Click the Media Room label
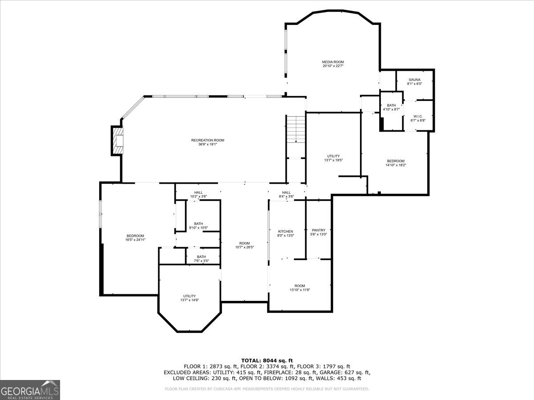click(333, 62)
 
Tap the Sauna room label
click(414, 80)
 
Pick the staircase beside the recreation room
click(295, 129)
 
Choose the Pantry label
click(319, 230)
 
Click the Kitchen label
click(285, 232)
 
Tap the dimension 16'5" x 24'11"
click(135, 240)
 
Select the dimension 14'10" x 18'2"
click(396, 165)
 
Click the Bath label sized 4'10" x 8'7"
click(391, 105)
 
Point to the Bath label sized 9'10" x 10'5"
click(198, 224)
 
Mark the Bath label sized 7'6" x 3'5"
click(202, 256)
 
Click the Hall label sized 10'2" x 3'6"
click(198, 192)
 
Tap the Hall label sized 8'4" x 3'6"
click(286, 192)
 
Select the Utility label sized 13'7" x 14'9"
click(190, 296)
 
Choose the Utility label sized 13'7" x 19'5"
click(333, 156)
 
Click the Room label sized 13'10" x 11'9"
click(300, 286)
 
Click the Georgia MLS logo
click(30, 390)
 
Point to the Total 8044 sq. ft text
click(267, 360)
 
